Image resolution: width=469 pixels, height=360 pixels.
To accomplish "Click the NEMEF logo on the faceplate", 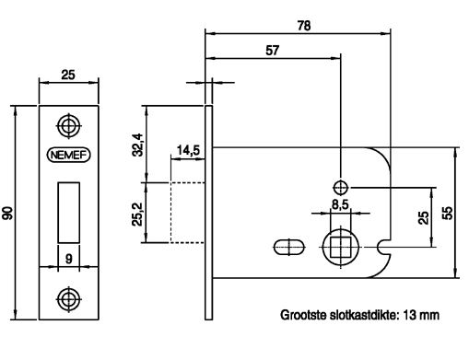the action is coord(68,155).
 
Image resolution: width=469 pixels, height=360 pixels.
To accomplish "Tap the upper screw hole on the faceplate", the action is coord(69,126).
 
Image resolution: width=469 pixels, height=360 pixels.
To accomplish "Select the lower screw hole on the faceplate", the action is coord(69,299).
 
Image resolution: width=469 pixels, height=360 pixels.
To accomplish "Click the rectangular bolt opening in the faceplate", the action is coord(69,213).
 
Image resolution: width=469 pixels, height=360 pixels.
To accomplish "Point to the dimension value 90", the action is coord(8,213).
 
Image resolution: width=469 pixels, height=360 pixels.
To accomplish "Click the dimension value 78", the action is coord(304,26).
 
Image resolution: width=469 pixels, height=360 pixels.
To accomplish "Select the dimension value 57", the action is coord(272,51).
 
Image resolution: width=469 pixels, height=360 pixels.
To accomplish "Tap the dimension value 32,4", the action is coord(137,145).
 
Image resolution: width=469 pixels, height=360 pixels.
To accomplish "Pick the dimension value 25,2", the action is coord(137,214).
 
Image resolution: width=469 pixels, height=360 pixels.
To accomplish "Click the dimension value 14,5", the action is coord(188,150).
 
